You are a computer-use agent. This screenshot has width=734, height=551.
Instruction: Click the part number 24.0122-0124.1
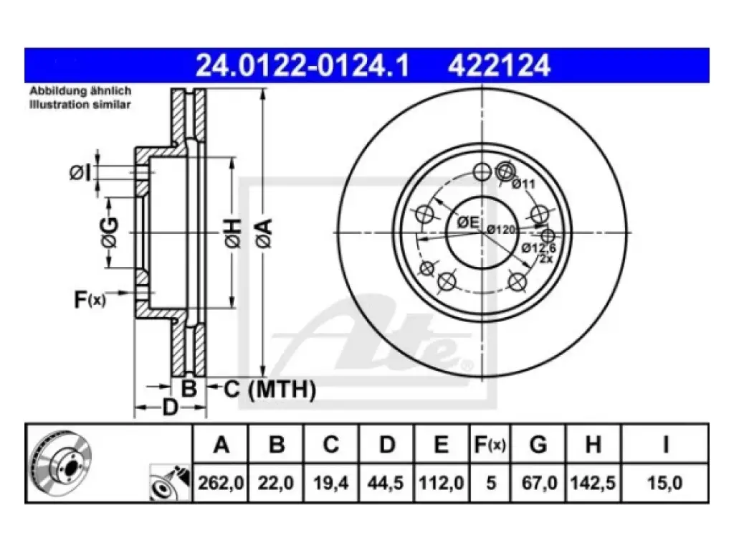pos(302,65)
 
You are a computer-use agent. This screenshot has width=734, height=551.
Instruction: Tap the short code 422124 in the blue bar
pos(499,65)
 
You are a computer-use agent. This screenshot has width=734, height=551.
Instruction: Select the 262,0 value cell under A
pos(221,483)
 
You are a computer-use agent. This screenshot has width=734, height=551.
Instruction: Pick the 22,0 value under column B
pos(276,483)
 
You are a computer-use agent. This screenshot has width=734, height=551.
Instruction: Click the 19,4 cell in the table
pos(330,483)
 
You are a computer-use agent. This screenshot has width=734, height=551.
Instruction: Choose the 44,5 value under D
pos(385,483)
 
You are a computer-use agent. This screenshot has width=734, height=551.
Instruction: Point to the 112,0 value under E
pos(441,483)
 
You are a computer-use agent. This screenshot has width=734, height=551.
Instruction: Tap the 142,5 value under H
pos(593,483)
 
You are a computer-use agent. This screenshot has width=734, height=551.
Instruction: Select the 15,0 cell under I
pos(664,483)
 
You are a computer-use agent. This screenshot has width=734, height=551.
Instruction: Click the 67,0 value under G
pos(539,483)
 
